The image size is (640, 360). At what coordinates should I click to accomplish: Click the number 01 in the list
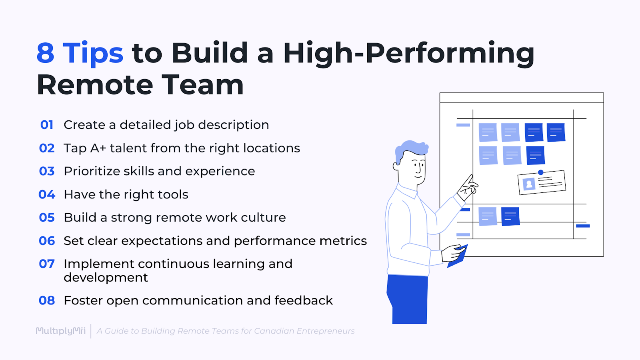[x=47, y=125]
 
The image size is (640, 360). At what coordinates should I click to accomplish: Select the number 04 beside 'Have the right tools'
[x=47, y=194]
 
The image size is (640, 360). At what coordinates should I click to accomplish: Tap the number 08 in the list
[x=47, y=300]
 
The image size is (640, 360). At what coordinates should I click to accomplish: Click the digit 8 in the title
[x=45, y=53]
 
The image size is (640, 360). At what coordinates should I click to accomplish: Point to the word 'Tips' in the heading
[x=93, y=53]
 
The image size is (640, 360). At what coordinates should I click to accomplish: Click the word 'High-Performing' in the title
[x=408, y=54]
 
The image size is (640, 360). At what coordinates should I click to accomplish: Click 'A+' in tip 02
[x=98, y=148]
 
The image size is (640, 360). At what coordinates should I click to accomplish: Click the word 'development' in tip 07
[x=106, y=278]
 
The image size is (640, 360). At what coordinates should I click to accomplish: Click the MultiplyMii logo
[x=61, y=331]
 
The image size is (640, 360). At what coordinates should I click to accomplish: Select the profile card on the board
[x=542, y=183]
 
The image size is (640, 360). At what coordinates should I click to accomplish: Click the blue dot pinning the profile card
[x=541, y=172]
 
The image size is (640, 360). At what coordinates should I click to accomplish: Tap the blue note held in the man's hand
[x=457, y=258]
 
